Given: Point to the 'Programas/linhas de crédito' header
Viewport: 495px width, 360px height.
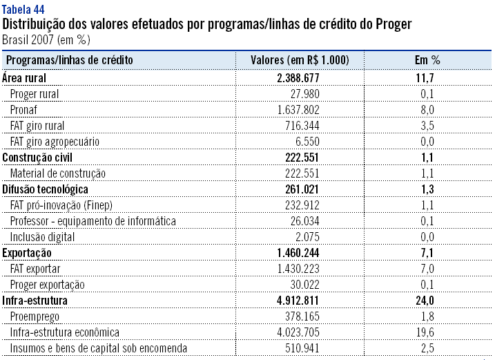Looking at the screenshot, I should coord(69,60).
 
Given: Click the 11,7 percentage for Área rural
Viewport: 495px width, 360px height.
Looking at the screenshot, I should coord(428,77).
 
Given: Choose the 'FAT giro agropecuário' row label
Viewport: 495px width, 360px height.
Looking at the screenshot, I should coord(55,141).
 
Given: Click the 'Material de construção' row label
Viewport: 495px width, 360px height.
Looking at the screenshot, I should coord(57,173).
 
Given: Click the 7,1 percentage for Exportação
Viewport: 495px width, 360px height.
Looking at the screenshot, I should coord(429,252).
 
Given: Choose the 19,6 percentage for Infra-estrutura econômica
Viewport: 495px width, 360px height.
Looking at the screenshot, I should coord(428,332).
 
